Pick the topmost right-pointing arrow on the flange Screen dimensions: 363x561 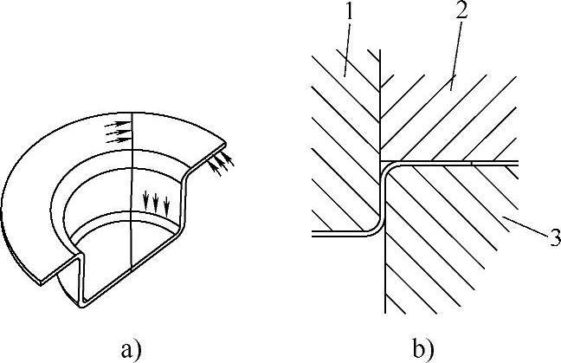coord(114,124)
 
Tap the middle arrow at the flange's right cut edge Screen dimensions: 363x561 coord(220,162)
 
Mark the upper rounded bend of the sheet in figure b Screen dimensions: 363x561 coord(387,165)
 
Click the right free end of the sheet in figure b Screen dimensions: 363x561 coord(516,162)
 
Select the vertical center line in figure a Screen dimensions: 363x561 coord(131,191)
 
